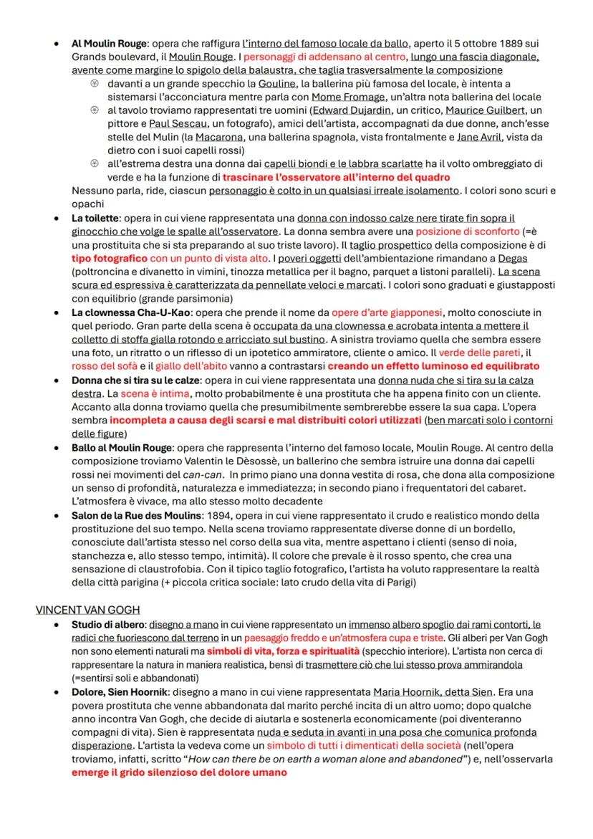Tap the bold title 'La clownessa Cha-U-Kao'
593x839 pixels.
pyautogui.click(x=130, y=312)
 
